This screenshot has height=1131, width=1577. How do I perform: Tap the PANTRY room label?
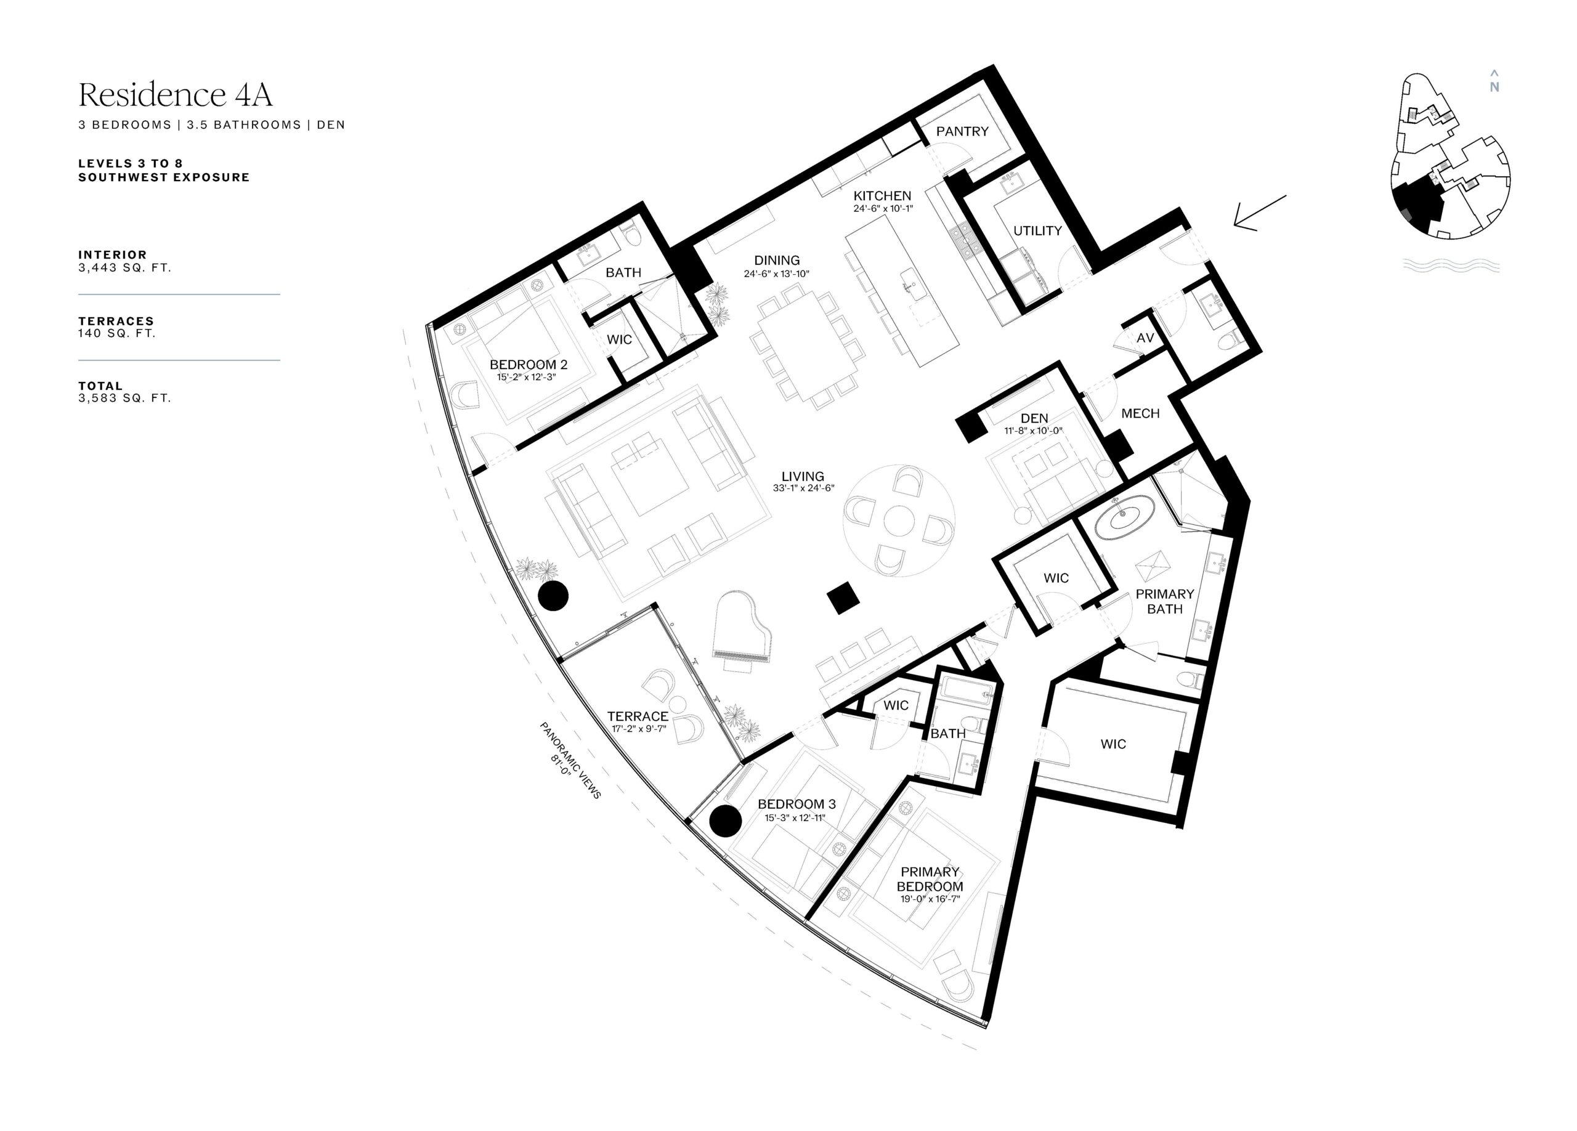tap(962, 131)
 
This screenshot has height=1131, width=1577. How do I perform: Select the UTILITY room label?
tap(1037, 231)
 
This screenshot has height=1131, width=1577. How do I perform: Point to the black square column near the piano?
tap(843, 597)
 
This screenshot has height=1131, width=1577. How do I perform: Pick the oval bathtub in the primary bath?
tap(1124, 518)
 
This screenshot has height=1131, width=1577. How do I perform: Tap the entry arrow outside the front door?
tap(1259, 213)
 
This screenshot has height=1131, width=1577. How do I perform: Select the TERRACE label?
tap(638, 716)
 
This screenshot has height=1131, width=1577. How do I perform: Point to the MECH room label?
tap(1140, 413)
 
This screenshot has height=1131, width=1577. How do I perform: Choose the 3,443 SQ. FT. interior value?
tap(124, 267)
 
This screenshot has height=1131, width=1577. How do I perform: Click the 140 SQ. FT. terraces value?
tap(117, 334)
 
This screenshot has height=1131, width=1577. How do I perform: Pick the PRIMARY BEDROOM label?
tap(930, 879)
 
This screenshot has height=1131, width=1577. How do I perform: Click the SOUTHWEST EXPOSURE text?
tap(164, 177)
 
